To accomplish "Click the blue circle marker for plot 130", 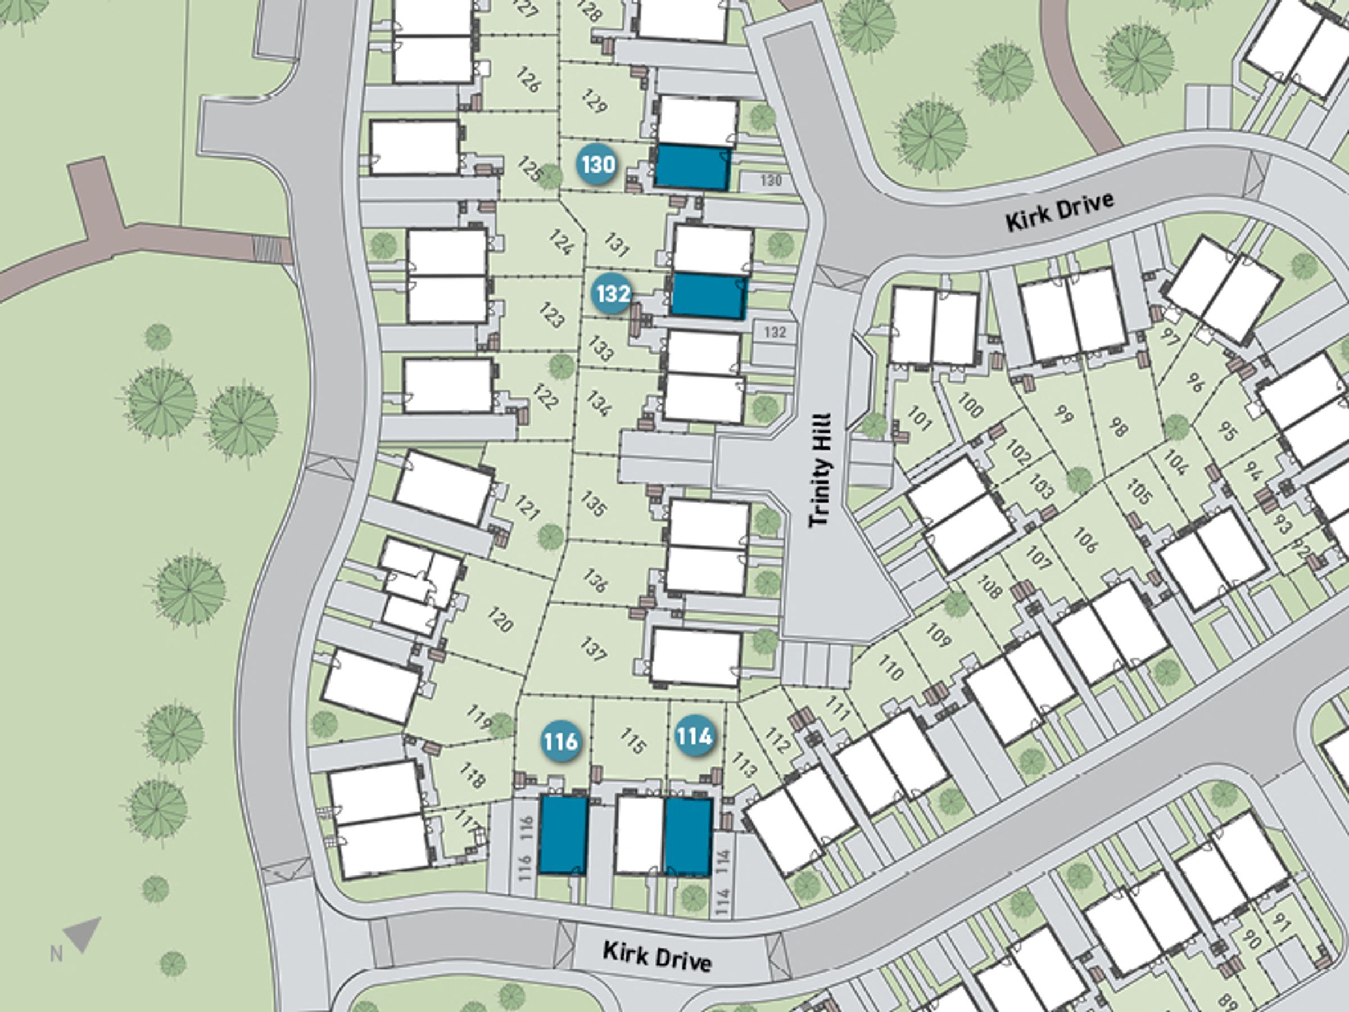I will click(597, 165).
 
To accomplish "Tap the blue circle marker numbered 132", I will click(612, 294).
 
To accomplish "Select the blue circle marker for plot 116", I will click(560, 741).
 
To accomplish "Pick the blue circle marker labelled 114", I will click(694, 737).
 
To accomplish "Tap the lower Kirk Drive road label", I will click(657, 956).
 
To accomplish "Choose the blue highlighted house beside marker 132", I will click(709, 296).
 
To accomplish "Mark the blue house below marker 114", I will click(688, 837).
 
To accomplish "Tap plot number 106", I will click(1084, 540).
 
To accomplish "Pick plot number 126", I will click(528, 80).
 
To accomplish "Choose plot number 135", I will click(594, 504).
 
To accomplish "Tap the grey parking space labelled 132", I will click(775, 332).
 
